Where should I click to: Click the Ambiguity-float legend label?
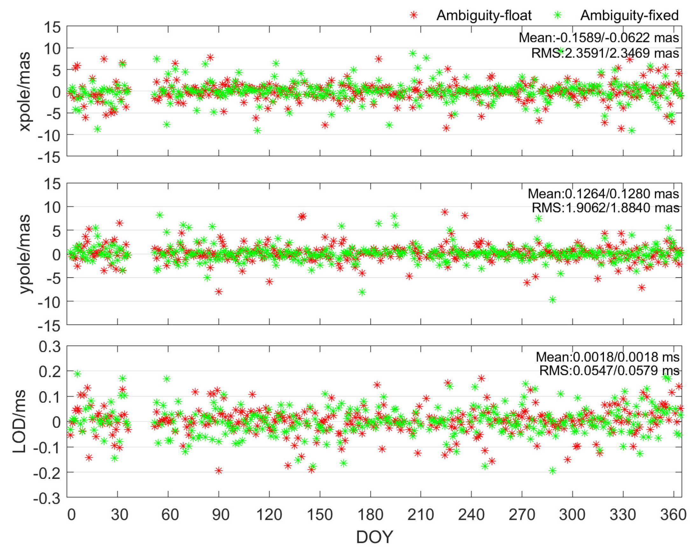pyautogui.click(x=484, y=16)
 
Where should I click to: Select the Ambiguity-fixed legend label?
pyautogui.click(x=629, y=16)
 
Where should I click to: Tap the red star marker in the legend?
pyautogui.click(x=414, y=15)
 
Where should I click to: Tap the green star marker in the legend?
pyautogui.click(x=558, y=15)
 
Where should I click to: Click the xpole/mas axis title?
pyautogui.click(x=25, y=91)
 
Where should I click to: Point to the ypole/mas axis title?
pyautogui.click(x=25, y=254)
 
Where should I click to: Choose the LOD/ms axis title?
pyautogui.click(x=19, y=421)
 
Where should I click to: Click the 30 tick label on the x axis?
pyautogui.click(x=120, y=514)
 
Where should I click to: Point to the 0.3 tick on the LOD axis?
pyautogui.click(x=50, y=347)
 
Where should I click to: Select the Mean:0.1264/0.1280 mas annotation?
pyautogui.click(x=603, y=194)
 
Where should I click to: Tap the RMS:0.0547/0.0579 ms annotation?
pyautogui.click(x=609, y=370)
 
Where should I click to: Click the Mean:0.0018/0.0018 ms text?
pyautogui.click(x=607, y=357)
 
